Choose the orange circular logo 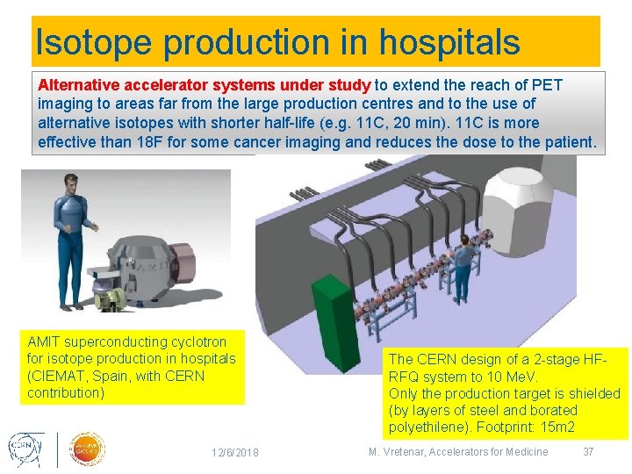tap(87, 448)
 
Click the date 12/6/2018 tap(234, 452)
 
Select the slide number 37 tap(588, 452)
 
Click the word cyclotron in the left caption tap(188, 341)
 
